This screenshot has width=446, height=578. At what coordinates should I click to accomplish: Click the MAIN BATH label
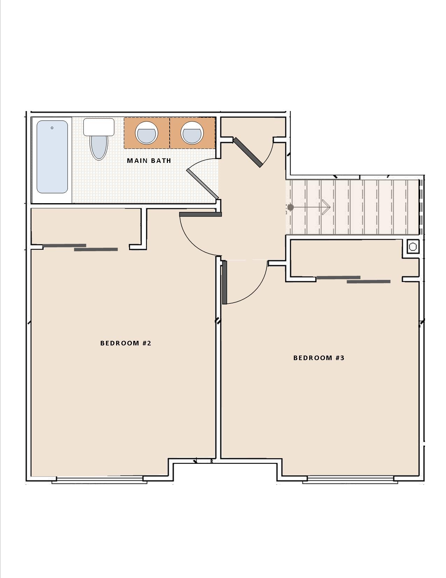[x=149, y=161]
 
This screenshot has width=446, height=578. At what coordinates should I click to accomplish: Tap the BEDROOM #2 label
[x=126, y=343]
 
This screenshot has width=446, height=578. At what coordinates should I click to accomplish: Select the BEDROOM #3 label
[x=319, y=358]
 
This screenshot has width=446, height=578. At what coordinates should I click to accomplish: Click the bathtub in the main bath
[x=52, y=157]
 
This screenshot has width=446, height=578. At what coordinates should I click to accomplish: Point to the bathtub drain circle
[x=52, y=128]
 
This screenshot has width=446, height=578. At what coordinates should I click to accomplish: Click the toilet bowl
[x=99, y=147]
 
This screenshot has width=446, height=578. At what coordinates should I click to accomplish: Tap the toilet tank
[x=99, y=127]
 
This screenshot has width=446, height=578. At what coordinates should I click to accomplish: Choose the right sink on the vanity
[x=192, y=133]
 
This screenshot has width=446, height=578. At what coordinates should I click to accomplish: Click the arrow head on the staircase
[x=327, y=207]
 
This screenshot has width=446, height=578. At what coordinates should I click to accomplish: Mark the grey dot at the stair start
[x=290, y=208]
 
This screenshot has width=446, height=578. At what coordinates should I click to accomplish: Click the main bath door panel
[x=203, y=184]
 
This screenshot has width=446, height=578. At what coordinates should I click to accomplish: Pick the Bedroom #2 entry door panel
[x=200, y=214]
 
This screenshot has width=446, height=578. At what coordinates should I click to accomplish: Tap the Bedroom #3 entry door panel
[x=225, y=282]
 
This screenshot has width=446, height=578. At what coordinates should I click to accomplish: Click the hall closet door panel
[x=248, y=152]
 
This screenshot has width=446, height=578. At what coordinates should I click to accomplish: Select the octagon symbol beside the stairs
[x=413, y=247]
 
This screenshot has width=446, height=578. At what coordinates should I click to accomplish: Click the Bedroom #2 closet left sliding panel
[x=64, y=246]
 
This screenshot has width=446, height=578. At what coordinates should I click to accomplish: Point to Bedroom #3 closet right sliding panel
[x=368, y=281]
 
